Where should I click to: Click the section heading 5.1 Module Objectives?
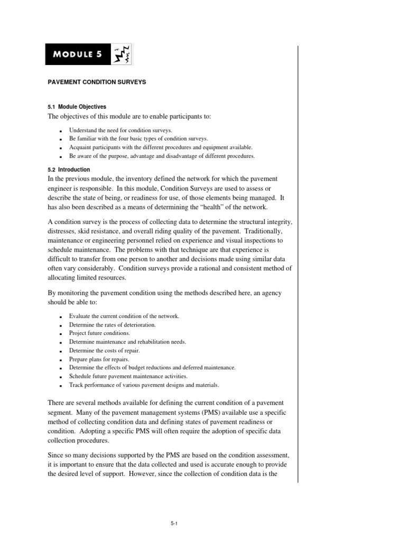77,107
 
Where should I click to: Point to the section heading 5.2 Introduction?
69,170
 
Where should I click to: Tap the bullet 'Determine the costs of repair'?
105,350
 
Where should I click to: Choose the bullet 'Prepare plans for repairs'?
99,359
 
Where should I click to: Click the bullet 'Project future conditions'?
99,333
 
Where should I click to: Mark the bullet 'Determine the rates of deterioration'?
112,324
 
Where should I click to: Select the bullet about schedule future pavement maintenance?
128,376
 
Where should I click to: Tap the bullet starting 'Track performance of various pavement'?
144,385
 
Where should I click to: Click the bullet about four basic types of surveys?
134,138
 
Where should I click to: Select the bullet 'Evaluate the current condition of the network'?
124,316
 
